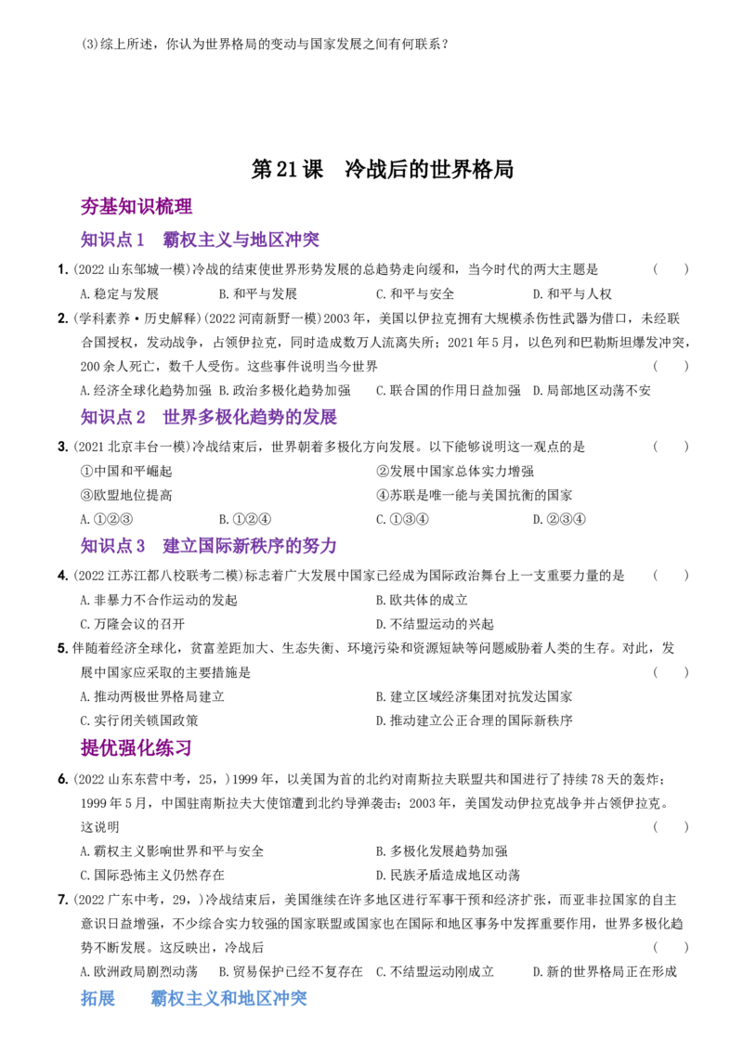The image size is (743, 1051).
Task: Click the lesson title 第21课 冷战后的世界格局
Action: (383, 169)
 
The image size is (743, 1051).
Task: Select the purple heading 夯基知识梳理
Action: (137, 206)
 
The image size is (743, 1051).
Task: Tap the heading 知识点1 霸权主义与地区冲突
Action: (200, 240)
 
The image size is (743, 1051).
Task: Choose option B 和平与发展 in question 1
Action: (258, 293)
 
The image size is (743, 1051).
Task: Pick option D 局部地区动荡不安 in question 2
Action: (592, 390)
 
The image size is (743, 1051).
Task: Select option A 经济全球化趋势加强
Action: (146, 390)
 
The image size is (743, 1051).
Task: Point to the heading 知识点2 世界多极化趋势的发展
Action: (209, 417)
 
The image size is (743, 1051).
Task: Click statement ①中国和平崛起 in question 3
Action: (126, 472)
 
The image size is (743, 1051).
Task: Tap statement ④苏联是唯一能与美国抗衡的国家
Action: (474, 496)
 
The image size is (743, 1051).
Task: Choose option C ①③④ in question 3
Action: (402, 519)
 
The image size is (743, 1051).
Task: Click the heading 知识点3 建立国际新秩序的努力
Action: (209, 546)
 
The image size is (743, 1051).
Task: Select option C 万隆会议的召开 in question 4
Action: (133, 624)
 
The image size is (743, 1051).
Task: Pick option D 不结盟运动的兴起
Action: (435, 624)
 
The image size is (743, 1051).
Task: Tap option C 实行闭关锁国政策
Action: (138, 720)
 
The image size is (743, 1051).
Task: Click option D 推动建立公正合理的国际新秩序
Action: (474, 720)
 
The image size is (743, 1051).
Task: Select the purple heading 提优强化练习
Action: (137, 747)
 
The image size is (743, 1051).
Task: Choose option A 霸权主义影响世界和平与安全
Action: (172, 851)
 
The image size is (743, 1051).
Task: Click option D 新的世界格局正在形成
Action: (605, 971)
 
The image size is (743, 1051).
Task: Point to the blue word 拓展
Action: (98, 998)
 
